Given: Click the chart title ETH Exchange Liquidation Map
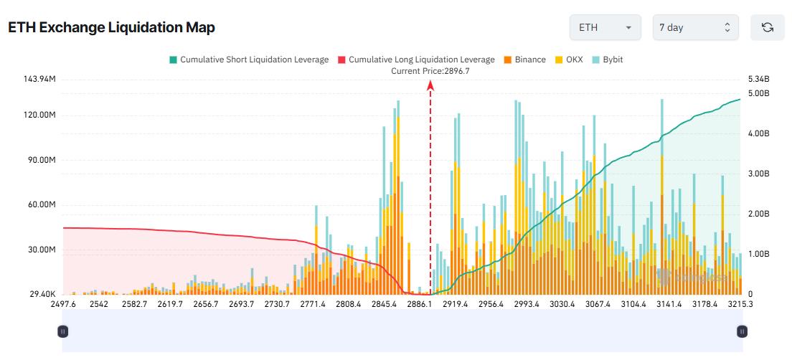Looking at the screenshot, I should (111, 27).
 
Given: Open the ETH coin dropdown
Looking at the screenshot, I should (605, 27).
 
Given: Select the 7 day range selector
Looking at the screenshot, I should (695, 27).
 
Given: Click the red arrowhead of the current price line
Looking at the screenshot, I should (430, 85).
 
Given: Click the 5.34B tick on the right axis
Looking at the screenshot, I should (758, 79).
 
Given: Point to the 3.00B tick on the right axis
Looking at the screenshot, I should (758, 174).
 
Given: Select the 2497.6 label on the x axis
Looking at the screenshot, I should (63, 304).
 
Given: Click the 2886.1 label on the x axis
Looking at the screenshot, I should (419, 304).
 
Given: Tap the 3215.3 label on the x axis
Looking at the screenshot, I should (740, 304).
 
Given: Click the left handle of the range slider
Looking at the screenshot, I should (63, 331).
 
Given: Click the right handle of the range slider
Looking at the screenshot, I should (742, 331).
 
